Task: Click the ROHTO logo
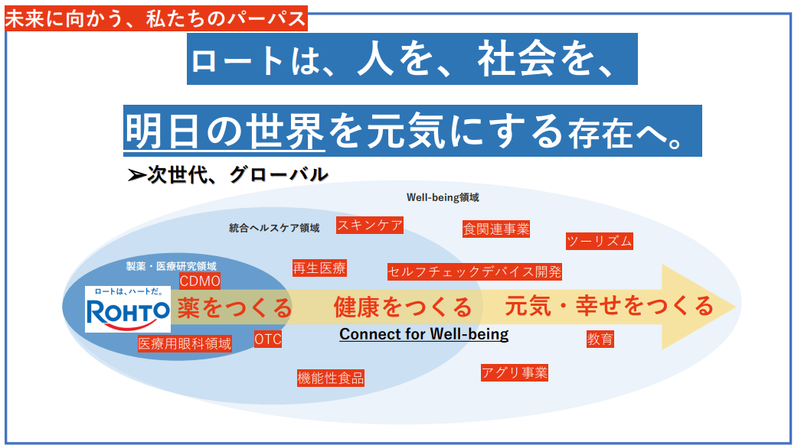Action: [x=127, y=309]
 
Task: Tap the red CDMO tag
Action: [x=200, y=281]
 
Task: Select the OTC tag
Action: [x=268, y=339]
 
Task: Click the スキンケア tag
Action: [x=369, y=225]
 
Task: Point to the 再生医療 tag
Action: [x=319, y=268]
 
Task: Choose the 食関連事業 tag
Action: [x=495, y=229]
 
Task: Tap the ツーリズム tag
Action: [x=599, y=241]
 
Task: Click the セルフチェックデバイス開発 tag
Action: [x=475, y=271]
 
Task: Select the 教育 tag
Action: [x=600, y=339]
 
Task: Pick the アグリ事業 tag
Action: [x=515, y=372]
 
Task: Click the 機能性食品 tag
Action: [x=331, y=378]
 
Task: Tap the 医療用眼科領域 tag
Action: [x=185, y=344]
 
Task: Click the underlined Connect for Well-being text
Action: [x=424, y=334]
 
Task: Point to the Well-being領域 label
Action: [x=443, y=197]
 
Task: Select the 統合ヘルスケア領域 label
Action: [x=274, y=228]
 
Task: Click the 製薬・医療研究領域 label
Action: [x=171, y=266]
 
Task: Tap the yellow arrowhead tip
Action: [x=736, y=307]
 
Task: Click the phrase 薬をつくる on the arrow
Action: [x=234, y=307]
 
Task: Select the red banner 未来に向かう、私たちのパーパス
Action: [x=155, y=19]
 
